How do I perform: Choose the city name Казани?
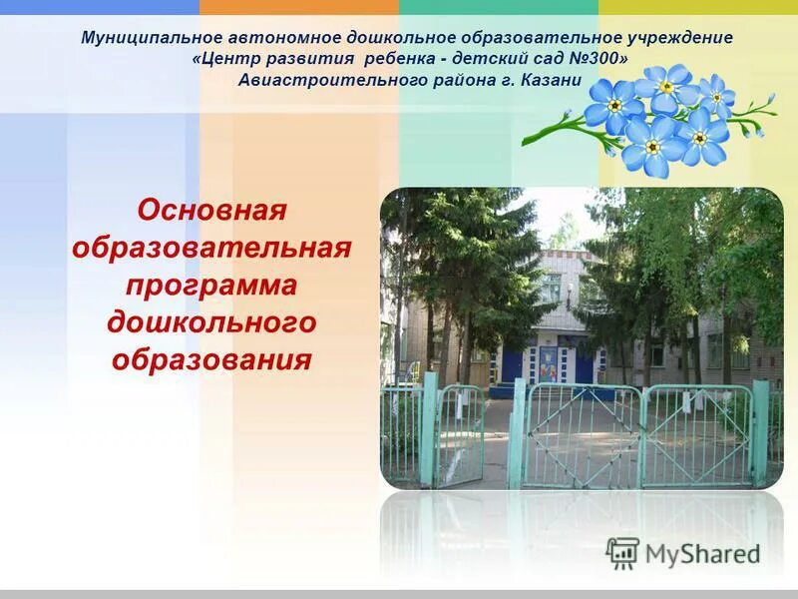551,80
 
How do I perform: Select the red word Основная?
211,211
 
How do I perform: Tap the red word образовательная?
211,248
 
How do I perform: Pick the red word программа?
211,285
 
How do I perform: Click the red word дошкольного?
211,321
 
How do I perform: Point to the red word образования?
211,358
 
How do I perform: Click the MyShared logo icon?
622,553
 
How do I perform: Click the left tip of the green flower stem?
525,141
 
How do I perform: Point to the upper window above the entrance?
551,288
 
